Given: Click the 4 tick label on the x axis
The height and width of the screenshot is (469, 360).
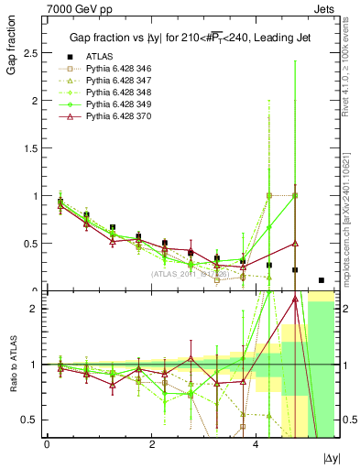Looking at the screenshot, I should [x=255, y=442].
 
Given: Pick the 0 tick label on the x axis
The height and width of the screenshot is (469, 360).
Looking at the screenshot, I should [x=47, y=442].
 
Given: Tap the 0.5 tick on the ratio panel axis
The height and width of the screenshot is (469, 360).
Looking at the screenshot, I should [x=29, y=420].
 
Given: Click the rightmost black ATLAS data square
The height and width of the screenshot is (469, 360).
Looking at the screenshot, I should [x=321, y=280].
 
